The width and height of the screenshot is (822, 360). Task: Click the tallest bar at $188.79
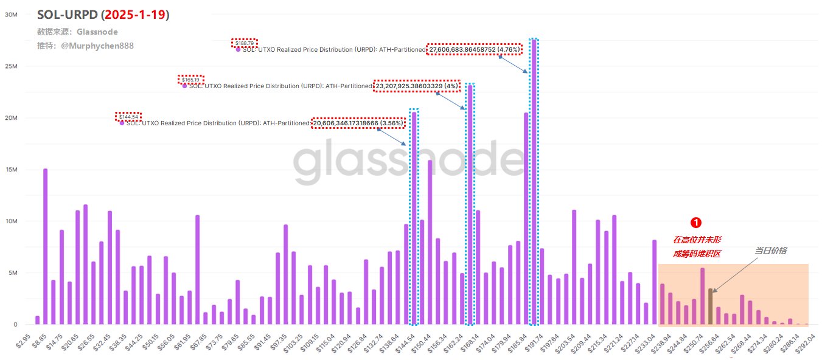coord(534,182)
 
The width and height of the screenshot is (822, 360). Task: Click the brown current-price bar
coord(711,307)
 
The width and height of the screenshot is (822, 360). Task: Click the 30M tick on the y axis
coord(10,15)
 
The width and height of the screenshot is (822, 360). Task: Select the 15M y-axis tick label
coord(10,170)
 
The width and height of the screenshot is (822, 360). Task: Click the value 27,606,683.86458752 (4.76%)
coord(474,50)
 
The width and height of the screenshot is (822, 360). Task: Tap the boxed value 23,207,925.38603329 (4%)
coord(416,86)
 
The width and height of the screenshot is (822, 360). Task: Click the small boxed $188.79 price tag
coord(245,43)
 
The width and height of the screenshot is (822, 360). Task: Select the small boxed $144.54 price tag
coord(128,116)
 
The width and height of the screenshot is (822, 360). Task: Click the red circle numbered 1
coord(697,223)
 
